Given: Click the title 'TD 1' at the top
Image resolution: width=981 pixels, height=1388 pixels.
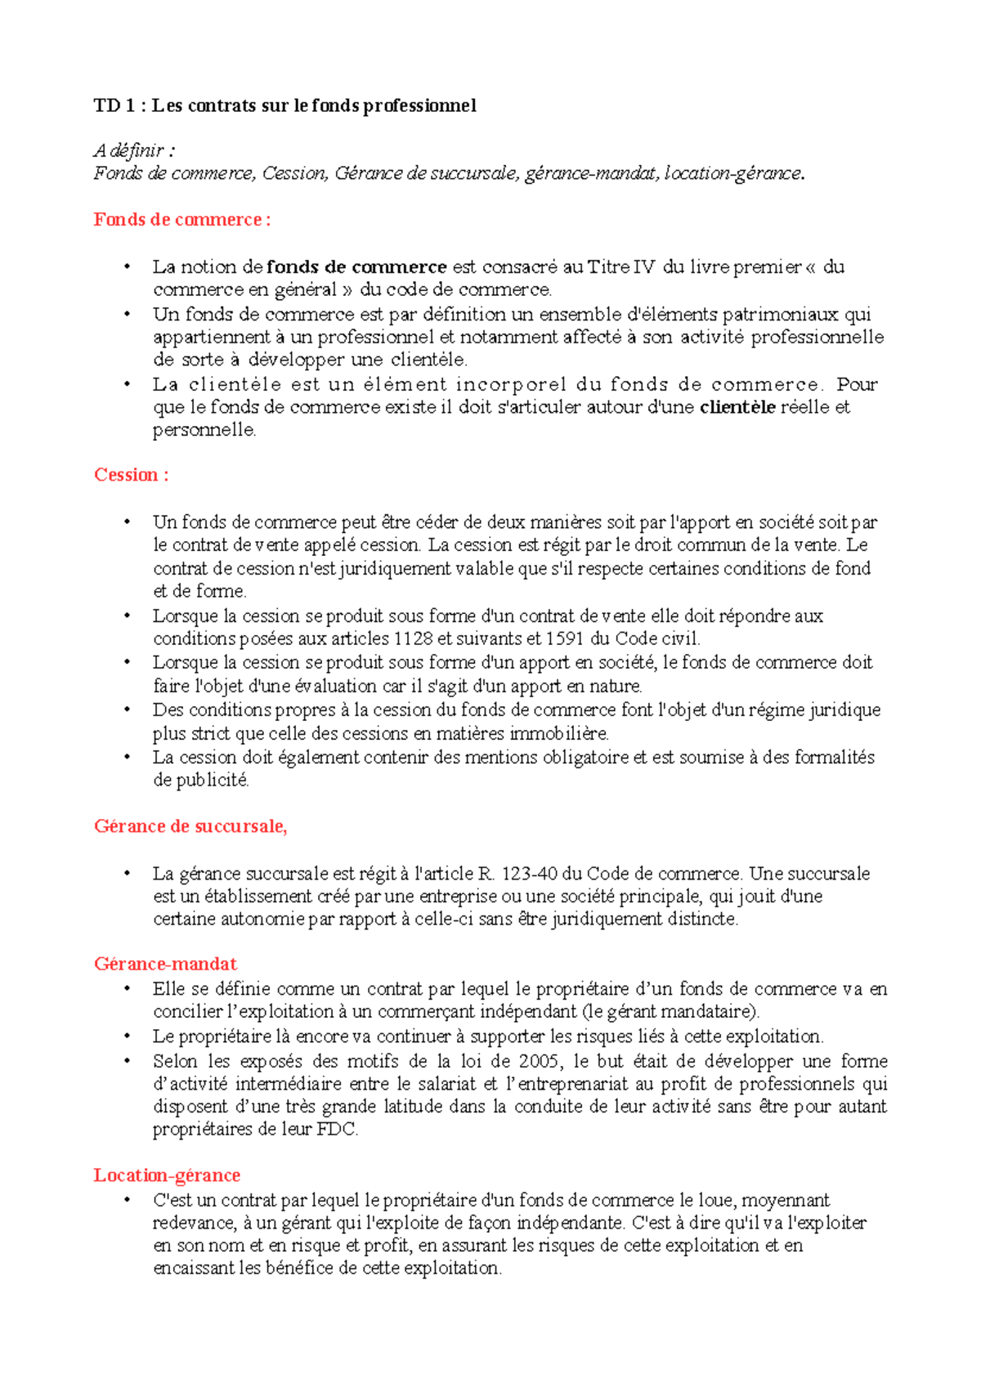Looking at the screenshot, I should (113, 105).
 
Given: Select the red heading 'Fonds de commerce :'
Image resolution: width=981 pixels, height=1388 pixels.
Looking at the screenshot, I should (181, 220).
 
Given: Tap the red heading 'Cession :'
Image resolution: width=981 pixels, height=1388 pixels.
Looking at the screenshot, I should (131, 475).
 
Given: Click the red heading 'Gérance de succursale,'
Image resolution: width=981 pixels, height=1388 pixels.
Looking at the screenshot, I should (190, 826).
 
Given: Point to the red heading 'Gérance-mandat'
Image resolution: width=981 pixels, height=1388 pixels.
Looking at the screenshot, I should (165, 964).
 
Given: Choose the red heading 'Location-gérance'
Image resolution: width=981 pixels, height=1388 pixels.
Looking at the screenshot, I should (167, 1175).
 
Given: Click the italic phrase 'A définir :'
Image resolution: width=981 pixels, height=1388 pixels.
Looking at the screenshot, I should (134, 150).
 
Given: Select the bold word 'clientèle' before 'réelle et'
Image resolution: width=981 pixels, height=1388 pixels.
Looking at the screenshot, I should (737, 407).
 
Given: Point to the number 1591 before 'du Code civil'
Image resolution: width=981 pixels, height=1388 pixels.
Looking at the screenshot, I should (565, 638).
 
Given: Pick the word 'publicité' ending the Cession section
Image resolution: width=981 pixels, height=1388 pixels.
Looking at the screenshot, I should (201, 780).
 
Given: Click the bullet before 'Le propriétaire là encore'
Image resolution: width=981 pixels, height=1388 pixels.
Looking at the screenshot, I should (128, 1037).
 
